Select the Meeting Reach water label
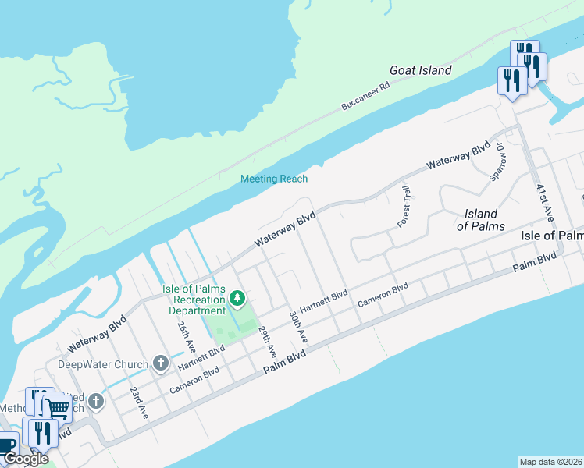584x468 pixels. coord(274,179)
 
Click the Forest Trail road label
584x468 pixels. coord(404,207)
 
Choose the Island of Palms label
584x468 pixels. coord(480,219)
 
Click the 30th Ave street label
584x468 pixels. coord(297,326)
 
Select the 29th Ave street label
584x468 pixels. coord(268,342)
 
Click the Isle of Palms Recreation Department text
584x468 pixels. coord(194,299)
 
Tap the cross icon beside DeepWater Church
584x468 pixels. coord(160,363)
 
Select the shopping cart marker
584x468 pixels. coord(57,407)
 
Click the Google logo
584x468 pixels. coord(26,459)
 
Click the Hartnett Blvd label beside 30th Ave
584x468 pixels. coord(324,302)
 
